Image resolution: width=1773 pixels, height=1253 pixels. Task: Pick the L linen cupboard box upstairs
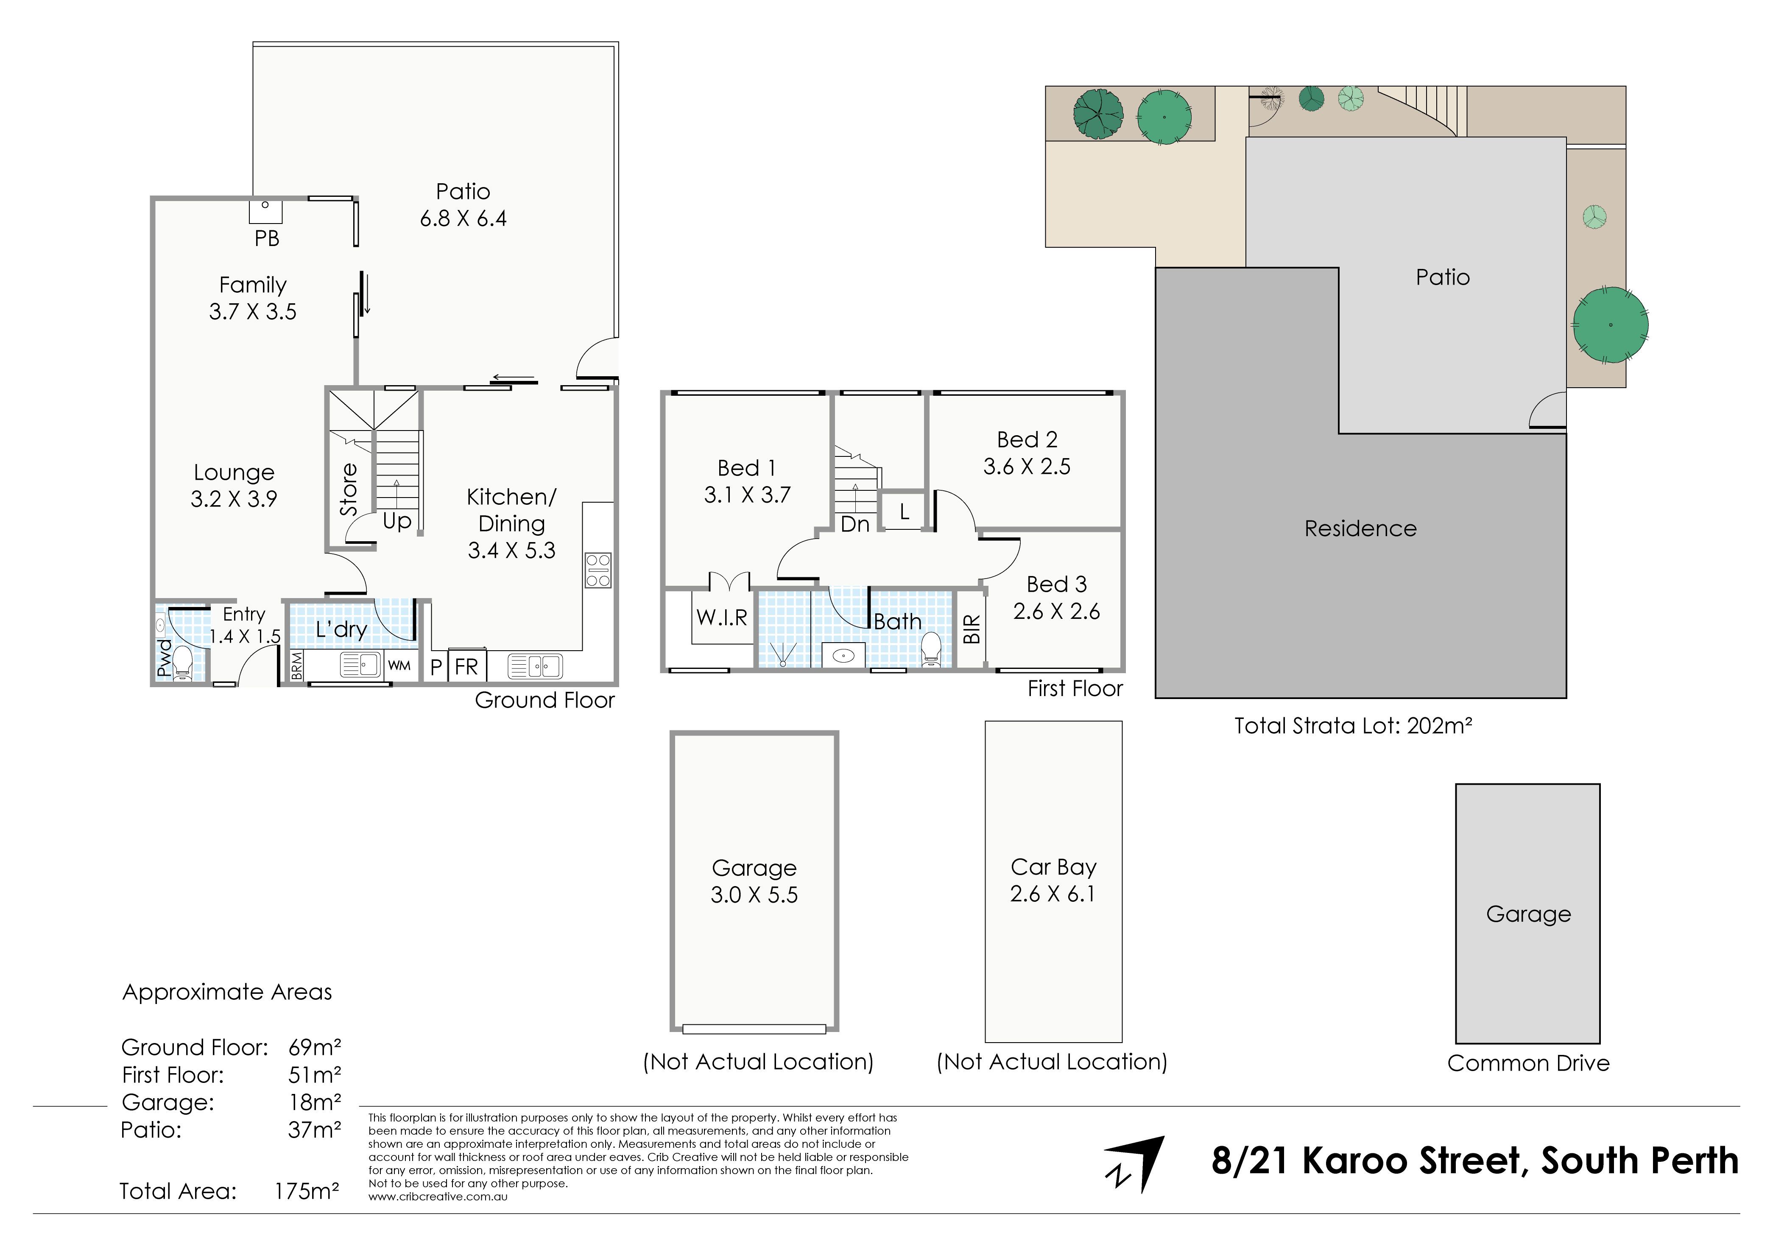coord(904,511)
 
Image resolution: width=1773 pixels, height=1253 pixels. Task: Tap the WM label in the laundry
coord(399,665)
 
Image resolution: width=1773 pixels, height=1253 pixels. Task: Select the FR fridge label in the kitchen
coord(466,667)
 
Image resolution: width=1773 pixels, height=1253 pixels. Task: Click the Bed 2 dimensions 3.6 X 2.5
coord(1027,467)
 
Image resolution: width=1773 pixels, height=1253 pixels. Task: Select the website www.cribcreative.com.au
coord(438,1197)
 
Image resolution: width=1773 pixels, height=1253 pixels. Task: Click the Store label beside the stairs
coord(349,490)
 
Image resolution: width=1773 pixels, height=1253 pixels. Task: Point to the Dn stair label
coord(855,525)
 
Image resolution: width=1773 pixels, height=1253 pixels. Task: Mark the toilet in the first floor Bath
coord(931,649)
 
